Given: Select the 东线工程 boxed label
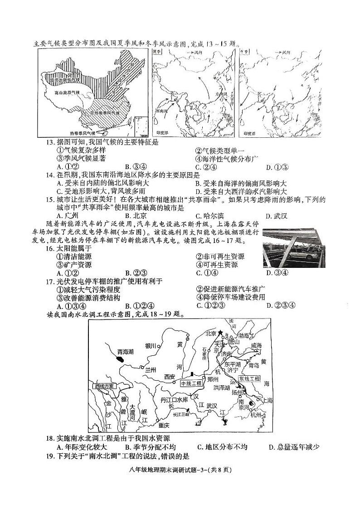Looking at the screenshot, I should click(x=250, y=378).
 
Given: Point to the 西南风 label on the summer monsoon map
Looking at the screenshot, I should click(x=161, y=110).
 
